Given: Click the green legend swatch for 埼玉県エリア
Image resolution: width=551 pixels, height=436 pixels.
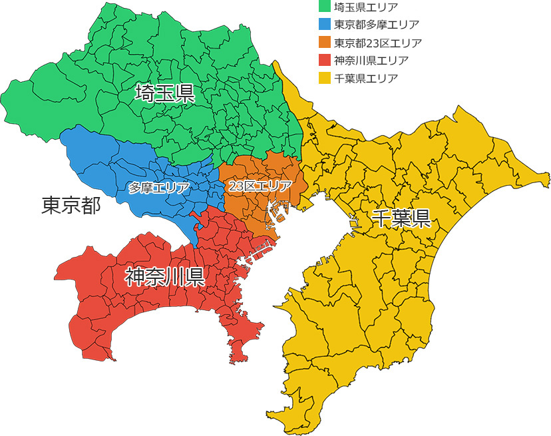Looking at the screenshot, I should coord(325,7).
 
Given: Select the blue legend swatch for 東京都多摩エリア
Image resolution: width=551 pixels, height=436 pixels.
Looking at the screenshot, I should coord(325,25).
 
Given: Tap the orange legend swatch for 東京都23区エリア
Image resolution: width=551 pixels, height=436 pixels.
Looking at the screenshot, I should coord(325,43).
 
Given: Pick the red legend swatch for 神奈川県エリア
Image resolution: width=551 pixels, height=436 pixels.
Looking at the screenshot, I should coord(325,60).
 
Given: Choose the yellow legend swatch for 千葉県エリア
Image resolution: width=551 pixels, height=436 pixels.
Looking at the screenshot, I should coord(325,78).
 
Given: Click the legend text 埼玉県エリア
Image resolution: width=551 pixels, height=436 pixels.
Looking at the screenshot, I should coord(366,7).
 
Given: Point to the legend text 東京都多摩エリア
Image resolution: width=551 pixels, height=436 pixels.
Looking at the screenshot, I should coord(377,25).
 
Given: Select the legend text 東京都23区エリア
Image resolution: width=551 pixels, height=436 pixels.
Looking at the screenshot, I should coord(378,43).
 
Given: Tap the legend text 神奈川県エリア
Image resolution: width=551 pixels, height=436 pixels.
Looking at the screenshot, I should coord(371,60).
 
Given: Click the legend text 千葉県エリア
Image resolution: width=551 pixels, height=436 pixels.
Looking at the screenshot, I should coord(366,78).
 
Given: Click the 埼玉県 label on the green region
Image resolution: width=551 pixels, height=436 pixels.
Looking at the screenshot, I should coord(164,93).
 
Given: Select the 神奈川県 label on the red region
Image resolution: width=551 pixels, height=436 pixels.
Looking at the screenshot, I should coord(164,276).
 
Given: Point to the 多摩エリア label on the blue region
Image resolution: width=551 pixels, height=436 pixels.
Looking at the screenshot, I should coord(159,188).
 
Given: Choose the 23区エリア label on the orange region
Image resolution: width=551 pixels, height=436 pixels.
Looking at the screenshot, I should coord(260,186).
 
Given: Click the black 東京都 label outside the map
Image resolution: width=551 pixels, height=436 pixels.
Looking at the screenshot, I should coord(71,206).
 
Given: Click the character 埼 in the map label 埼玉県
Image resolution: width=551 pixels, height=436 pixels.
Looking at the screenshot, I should coord(144,93).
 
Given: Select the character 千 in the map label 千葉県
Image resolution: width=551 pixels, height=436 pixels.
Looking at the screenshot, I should coord(381,218).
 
